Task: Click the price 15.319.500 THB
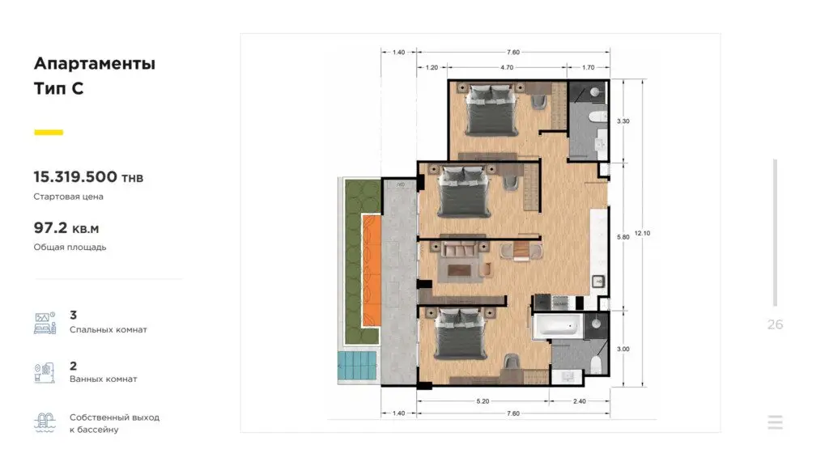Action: click(88, 177)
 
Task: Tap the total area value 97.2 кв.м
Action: click(66, 228)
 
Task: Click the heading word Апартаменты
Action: click(95, 63)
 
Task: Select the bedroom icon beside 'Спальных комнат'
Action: click(45, 323)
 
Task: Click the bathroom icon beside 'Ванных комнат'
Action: click(45, 372)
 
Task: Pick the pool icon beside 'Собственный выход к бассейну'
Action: click(45, 422)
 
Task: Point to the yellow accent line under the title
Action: click(49, 132)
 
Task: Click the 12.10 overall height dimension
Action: click(642, 233)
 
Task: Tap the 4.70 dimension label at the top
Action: click(507, 68)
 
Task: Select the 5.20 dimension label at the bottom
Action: click(483, 401)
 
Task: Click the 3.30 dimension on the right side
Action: click(623, 121)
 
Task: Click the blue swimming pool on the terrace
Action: click(357, 365)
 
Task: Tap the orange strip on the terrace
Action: click(371, 270)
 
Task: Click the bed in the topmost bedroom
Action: click(491, 110)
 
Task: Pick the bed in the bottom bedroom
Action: click(460, 334)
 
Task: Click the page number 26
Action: click(775, 324)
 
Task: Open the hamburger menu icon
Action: click(775, 422)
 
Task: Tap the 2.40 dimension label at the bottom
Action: click(580, 401)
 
